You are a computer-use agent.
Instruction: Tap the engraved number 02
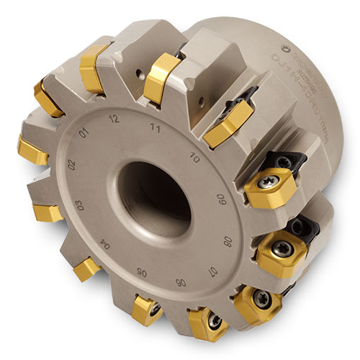(69, 165)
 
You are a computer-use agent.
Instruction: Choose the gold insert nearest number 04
(88, 269)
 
